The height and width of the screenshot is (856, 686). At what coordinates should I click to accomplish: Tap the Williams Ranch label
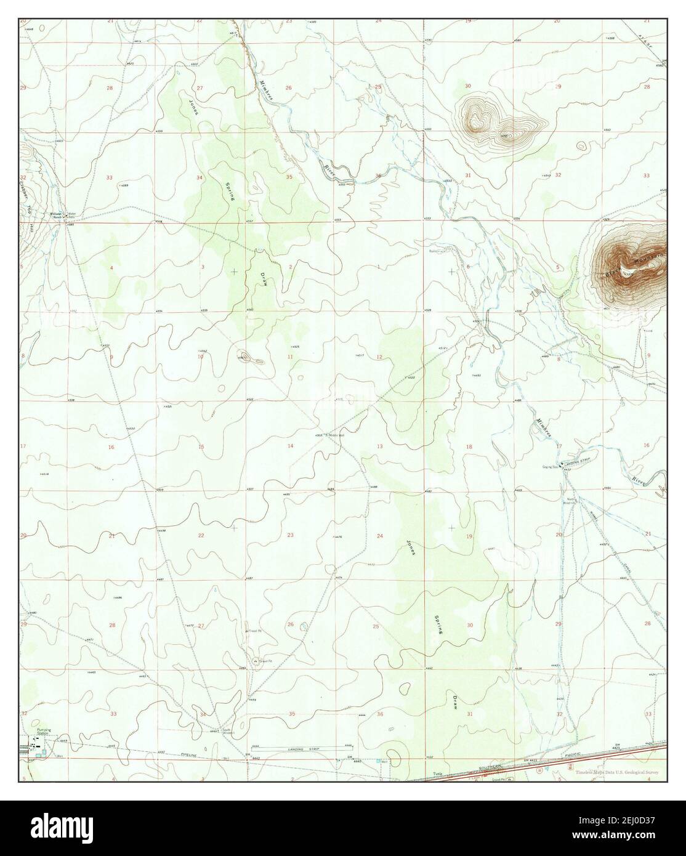click(x=57, y=216)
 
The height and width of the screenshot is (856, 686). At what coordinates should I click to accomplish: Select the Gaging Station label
click(x=550, y=467)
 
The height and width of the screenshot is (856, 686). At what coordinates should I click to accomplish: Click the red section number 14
click(x=289, y=446)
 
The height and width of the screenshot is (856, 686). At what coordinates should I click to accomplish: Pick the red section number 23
click(x=289, y=535)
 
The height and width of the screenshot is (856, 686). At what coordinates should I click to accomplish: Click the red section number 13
click(x=380, y=446)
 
